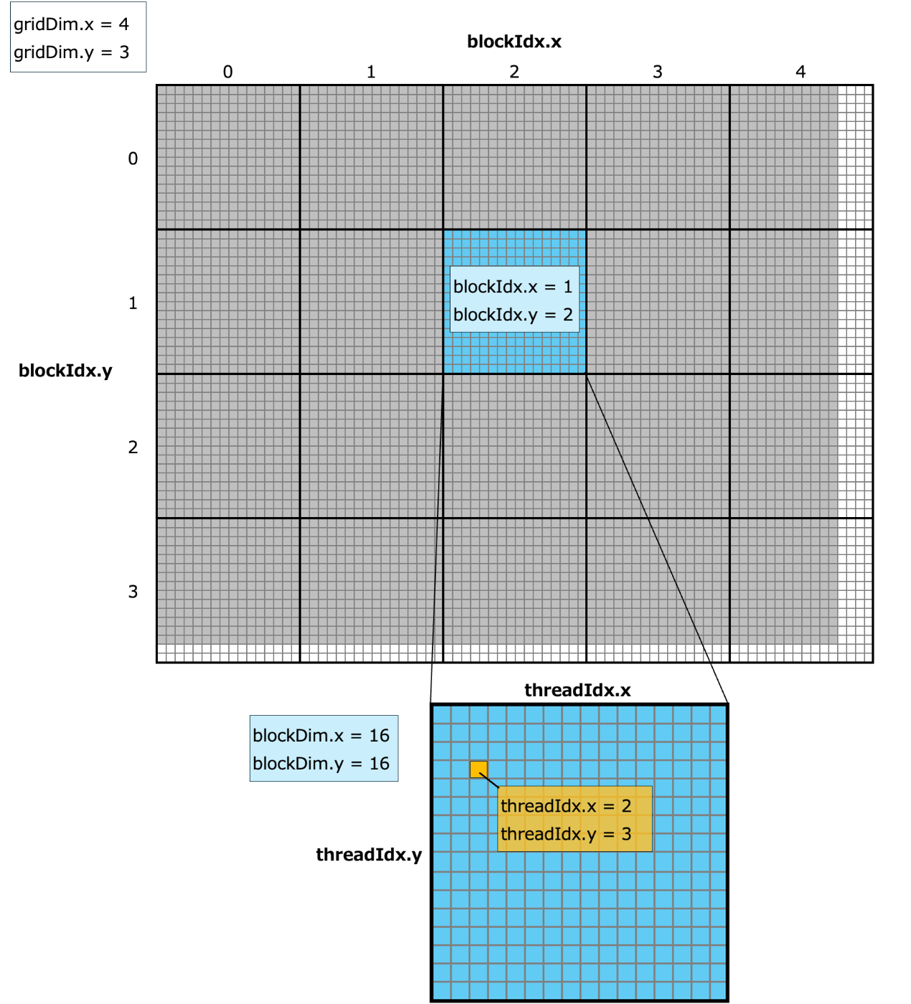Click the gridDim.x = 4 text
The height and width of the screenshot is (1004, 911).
click(71, 24)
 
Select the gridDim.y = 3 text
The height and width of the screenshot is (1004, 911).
click(71, 52)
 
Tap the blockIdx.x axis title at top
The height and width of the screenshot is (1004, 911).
click(514, 42)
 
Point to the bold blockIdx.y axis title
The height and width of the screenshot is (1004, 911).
click(65, 371)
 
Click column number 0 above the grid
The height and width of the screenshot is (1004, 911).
click(227, 72)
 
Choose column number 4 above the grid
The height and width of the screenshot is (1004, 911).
click(801, 72)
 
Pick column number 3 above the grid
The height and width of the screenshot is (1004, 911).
click(657, 72)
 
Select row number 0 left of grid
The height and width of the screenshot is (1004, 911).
click(133, 158)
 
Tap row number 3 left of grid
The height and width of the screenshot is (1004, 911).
click(133, 592)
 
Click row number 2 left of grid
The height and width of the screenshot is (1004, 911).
click(133, 447)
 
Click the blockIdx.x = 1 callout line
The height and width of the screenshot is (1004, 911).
click(513, 287)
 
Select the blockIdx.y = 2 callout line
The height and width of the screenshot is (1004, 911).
click(513, 315)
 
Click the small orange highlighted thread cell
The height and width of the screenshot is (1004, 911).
click(478, 769)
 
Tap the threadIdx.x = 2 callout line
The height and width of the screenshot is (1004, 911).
click(566, 806)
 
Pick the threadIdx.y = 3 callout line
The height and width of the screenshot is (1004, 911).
click(566, 834)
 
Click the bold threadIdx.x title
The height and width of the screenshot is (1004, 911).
click(577, 691)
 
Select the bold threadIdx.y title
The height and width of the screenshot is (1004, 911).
click(369, 855)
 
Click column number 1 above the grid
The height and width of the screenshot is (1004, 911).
click(371, 72)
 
